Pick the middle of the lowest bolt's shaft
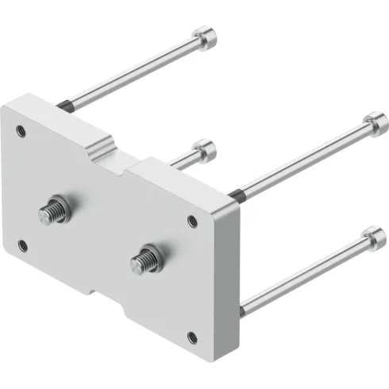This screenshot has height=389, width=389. coord(306,271)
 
